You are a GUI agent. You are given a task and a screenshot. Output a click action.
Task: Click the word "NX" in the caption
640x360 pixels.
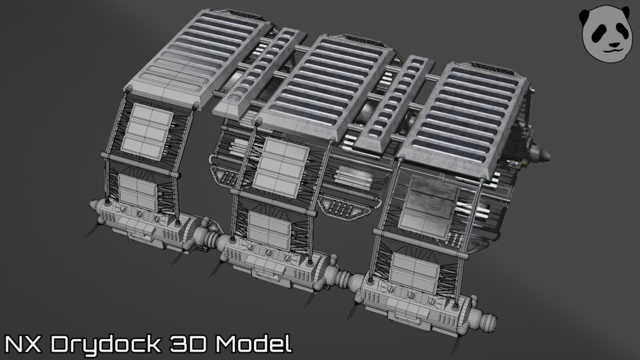coord(23,343)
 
